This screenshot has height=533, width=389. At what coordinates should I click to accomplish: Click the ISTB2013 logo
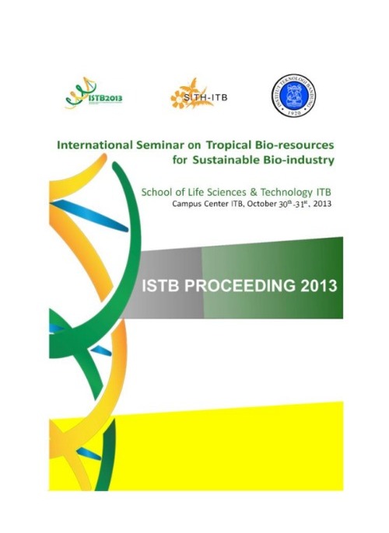tap(95, 95)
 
